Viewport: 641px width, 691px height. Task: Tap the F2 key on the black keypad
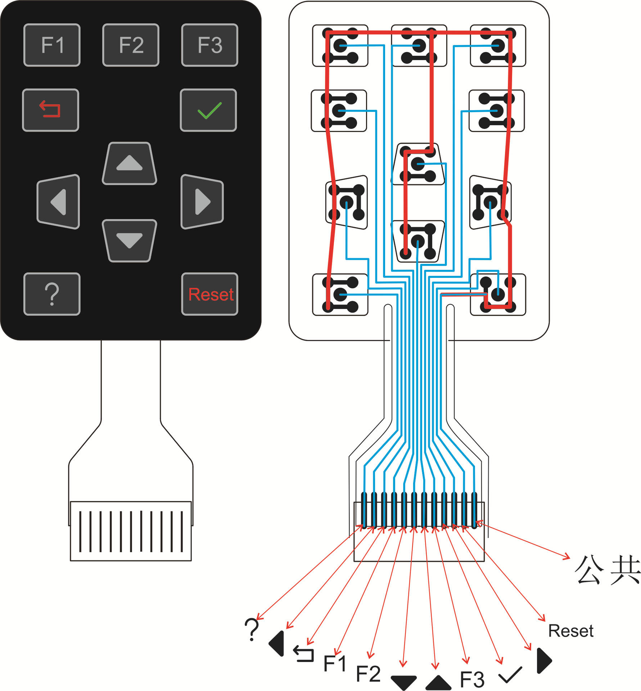pos(131,45)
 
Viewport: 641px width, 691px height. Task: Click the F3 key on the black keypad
pos(209,45)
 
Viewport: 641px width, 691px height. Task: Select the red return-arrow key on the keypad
pos(50,110)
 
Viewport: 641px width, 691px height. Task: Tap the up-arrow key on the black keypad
pos(130,163)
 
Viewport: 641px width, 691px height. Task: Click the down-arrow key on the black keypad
pos(130,240)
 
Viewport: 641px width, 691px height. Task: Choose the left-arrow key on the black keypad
pos(58,202)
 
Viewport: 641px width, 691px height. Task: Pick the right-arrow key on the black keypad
pos(202,202)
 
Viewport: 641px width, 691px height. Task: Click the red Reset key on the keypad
pos(209,294)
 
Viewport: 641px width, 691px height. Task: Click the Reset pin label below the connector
pos(571,631)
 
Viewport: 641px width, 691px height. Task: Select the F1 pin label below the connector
pos(335,663)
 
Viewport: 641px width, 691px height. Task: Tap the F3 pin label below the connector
pos(472,679)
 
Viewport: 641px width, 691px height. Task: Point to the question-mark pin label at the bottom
pos(252,629)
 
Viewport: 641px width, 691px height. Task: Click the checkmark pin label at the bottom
pos(510,675)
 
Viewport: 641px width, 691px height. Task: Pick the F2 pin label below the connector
pos(368,674)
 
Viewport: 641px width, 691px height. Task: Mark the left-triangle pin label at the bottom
pos(276,643)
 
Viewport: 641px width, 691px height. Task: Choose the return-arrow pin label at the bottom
pos(303,654)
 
